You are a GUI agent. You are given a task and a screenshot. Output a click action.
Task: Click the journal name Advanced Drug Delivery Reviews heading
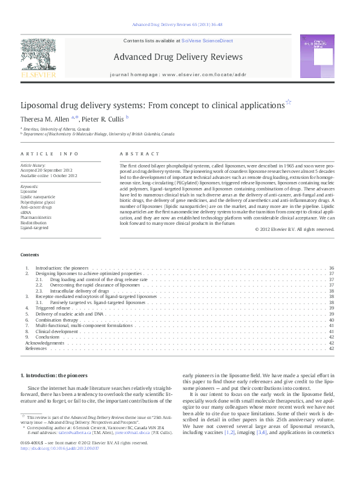[x=177, y=57]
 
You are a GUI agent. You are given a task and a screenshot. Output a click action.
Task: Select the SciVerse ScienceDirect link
[x=212, y=41]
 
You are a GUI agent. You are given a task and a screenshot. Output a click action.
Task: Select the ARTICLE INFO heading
[x=50, y=154]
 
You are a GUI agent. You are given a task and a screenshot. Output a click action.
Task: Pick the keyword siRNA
[x=27, y=212]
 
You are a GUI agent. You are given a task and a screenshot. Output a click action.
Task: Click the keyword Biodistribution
[x=33, y=223]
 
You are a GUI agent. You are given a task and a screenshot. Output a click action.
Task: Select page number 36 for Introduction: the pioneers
[x=331, y=268]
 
